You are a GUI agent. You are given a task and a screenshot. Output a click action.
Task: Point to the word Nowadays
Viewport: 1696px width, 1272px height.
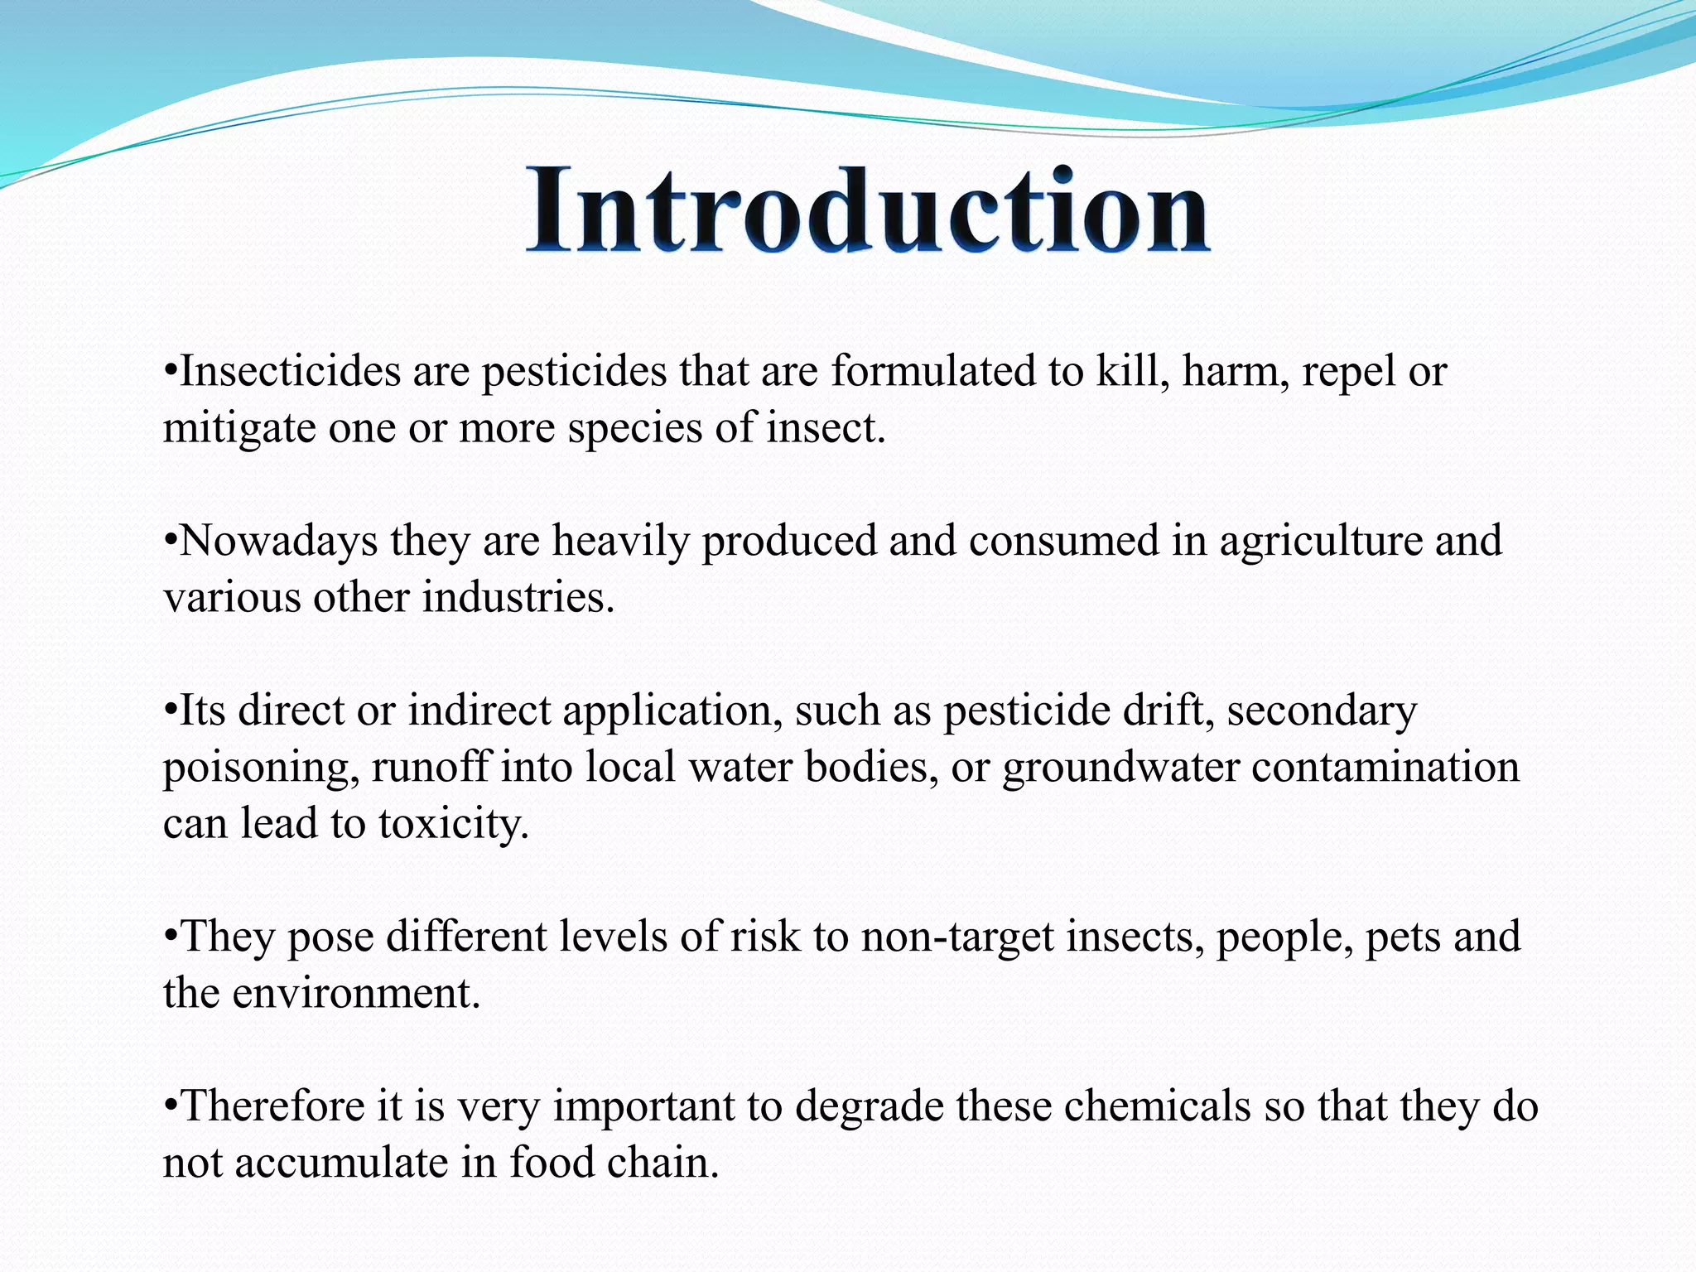(279, 541)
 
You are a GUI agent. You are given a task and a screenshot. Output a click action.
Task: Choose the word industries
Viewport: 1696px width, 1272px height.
(518, 597)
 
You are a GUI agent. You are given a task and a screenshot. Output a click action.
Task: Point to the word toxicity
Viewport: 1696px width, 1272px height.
(453, 825)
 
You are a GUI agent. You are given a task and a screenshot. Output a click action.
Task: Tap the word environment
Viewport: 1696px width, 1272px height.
(355, 993)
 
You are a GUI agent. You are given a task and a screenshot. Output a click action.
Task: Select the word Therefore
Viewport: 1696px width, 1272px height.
(272, 1106)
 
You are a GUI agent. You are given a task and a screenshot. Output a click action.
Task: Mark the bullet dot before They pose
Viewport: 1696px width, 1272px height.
(171, 936)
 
